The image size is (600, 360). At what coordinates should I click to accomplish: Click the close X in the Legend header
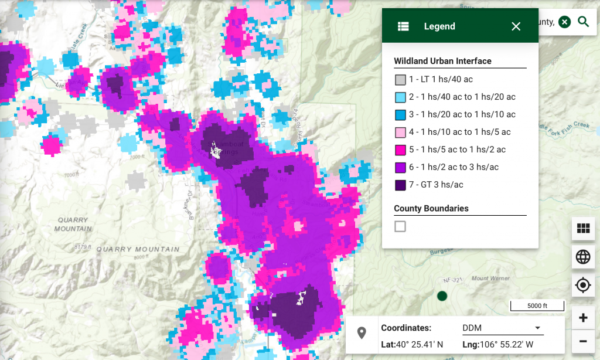pyautogui.click(x=516, y=26)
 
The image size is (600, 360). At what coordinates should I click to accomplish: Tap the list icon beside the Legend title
pyautogui.click(x=403, y=26)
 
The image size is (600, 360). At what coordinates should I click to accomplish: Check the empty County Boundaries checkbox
pyautogui.click(x=400, y=226)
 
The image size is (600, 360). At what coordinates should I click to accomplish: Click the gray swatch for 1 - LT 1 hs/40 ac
pyautogui.click(x=400, y=80)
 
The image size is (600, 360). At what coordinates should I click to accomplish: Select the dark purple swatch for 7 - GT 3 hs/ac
pyautogui.click(x=400, y=185)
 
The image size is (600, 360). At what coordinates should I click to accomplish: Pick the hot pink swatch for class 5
pyautogui.click(x=400, y=150)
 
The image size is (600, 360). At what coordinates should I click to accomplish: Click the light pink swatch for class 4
pyautogui.click(x=400, y=133)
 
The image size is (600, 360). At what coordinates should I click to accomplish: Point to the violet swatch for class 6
pyautogui.click(x=400, y=168)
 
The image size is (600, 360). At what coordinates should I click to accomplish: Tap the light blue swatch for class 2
pyautogui.click(x=400, y=97)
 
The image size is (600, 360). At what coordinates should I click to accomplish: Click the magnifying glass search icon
pyautogui.click(x=583, y=22)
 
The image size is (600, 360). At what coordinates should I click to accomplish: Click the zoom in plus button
pyautogui.click(x=583, y=318)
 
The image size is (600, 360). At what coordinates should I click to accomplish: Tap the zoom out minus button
pyautogui.click(x=583, y=341)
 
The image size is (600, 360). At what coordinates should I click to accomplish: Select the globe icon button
pyautogui.click(x=583, y=257)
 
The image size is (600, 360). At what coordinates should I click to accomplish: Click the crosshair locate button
pyautogui.click(x=583, y=286)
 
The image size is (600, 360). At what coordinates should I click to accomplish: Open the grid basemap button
pyautogui.click(x=583, y=229)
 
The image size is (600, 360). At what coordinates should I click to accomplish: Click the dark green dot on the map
pyautogui.click(x=442, y=296)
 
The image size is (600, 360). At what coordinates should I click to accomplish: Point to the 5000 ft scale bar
pyautogui.click(x=537, y=306)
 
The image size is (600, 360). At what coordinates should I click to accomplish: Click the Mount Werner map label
pyautogui.click(x=487, y=279)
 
